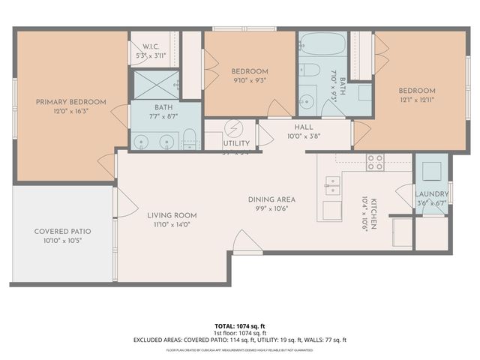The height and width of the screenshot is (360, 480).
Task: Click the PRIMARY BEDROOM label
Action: (71, 102)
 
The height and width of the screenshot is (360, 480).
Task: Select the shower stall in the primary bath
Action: (155, 85)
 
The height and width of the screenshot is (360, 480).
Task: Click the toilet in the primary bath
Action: (190, 138)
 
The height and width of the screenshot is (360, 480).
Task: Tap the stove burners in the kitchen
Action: (375, 162)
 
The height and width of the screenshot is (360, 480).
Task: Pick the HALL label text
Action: (304, 127)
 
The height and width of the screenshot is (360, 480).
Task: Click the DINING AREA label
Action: (271, 199)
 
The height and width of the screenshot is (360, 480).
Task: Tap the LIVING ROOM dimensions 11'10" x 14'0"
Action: (172, 224)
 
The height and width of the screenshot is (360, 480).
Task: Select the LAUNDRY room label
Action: (431, 193)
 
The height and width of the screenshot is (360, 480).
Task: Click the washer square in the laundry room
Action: (431, 171)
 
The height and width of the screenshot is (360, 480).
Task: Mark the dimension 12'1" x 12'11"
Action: (416, 99)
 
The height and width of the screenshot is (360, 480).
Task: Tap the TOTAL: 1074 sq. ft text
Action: (240, 326)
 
